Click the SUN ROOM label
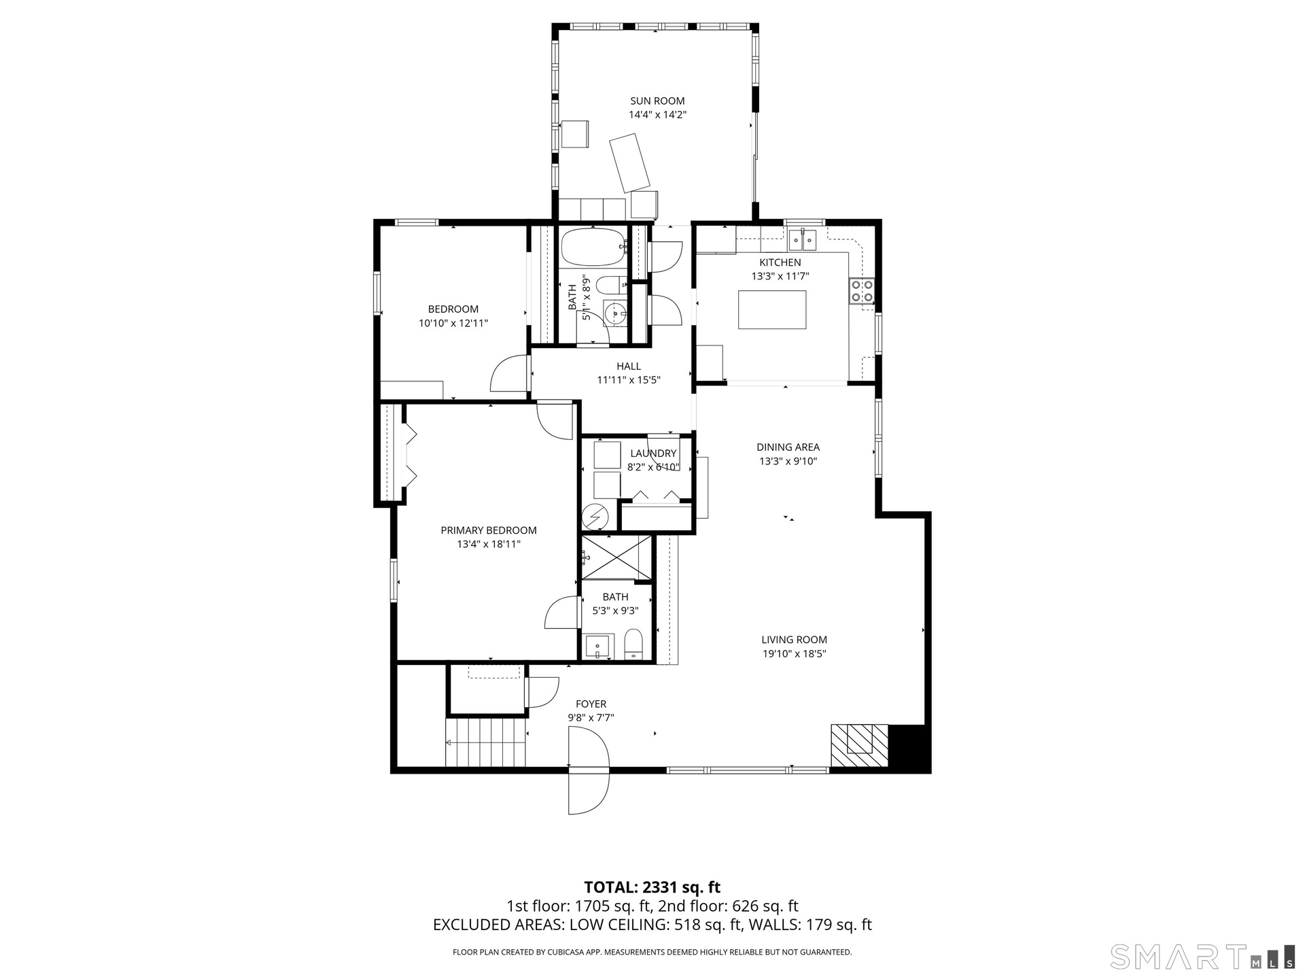657,101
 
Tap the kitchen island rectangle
772,310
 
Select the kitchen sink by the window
802,241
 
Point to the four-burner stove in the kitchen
862,291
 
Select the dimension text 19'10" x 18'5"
794,654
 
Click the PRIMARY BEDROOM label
489,530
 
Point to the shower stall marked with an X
616,558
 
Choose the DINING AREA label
788,447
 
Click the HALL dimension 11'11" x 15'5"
629,380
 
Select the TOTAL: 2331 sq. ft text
652,887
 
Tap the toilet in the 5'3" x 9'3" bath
633,644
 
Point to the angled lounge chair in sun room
630,163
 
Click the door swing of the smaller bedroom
509,373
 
